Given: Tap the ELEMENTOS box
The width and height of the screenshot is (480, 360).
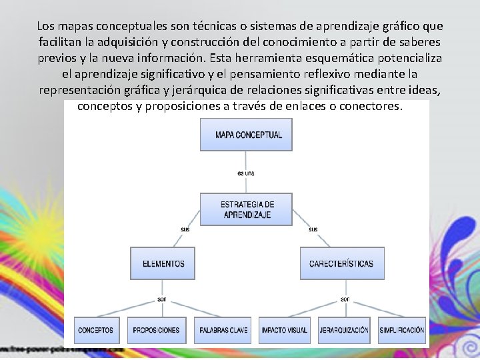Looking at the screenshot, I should (x=163, y=263).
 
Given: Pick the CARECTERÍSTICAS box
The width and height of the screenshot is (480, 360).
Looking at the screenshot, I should (x=341, y=263).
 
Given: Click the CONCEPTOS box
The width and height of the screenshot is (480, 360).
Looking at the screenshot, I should (x=95, y=330).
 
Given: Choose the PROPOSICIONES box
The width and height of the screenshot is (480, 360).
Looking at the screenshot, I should (x=156, y=330).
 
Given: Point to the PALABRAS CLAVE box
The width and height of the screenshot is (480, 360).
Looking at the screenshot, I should (x=223, y=330).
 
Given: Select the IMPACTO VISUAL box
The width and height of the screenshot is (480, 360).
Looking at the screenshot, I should (x=284, y=330).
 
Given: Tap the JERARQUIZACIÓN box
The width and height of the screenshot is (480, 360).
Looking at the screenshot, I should (x=344, y=330).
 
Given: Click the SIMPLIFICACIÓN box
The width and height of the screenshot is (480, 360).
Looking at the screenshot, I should (x=401, y=330).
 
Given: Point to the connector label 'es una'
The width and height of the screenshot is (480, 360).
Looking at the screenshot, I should (x=245, y=173).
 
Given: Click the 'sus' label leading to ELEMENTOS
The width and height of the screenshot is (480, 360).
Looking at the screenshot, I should (x=185, y=229).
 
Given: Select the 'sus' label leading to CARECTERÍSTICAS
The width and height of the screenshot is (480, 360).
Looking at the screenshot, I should (x=313, y=229).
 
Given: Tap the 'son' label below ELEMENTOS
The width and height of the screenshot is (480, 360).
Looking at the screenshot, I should (x=162, y=299).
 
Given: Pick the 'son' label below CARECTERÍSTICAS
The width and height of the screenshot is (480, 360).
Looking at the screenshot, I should (x=345, y=299).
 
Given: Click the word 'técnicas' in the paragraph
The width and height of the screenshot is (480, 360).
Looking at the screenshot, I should (x=215, y=27).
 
